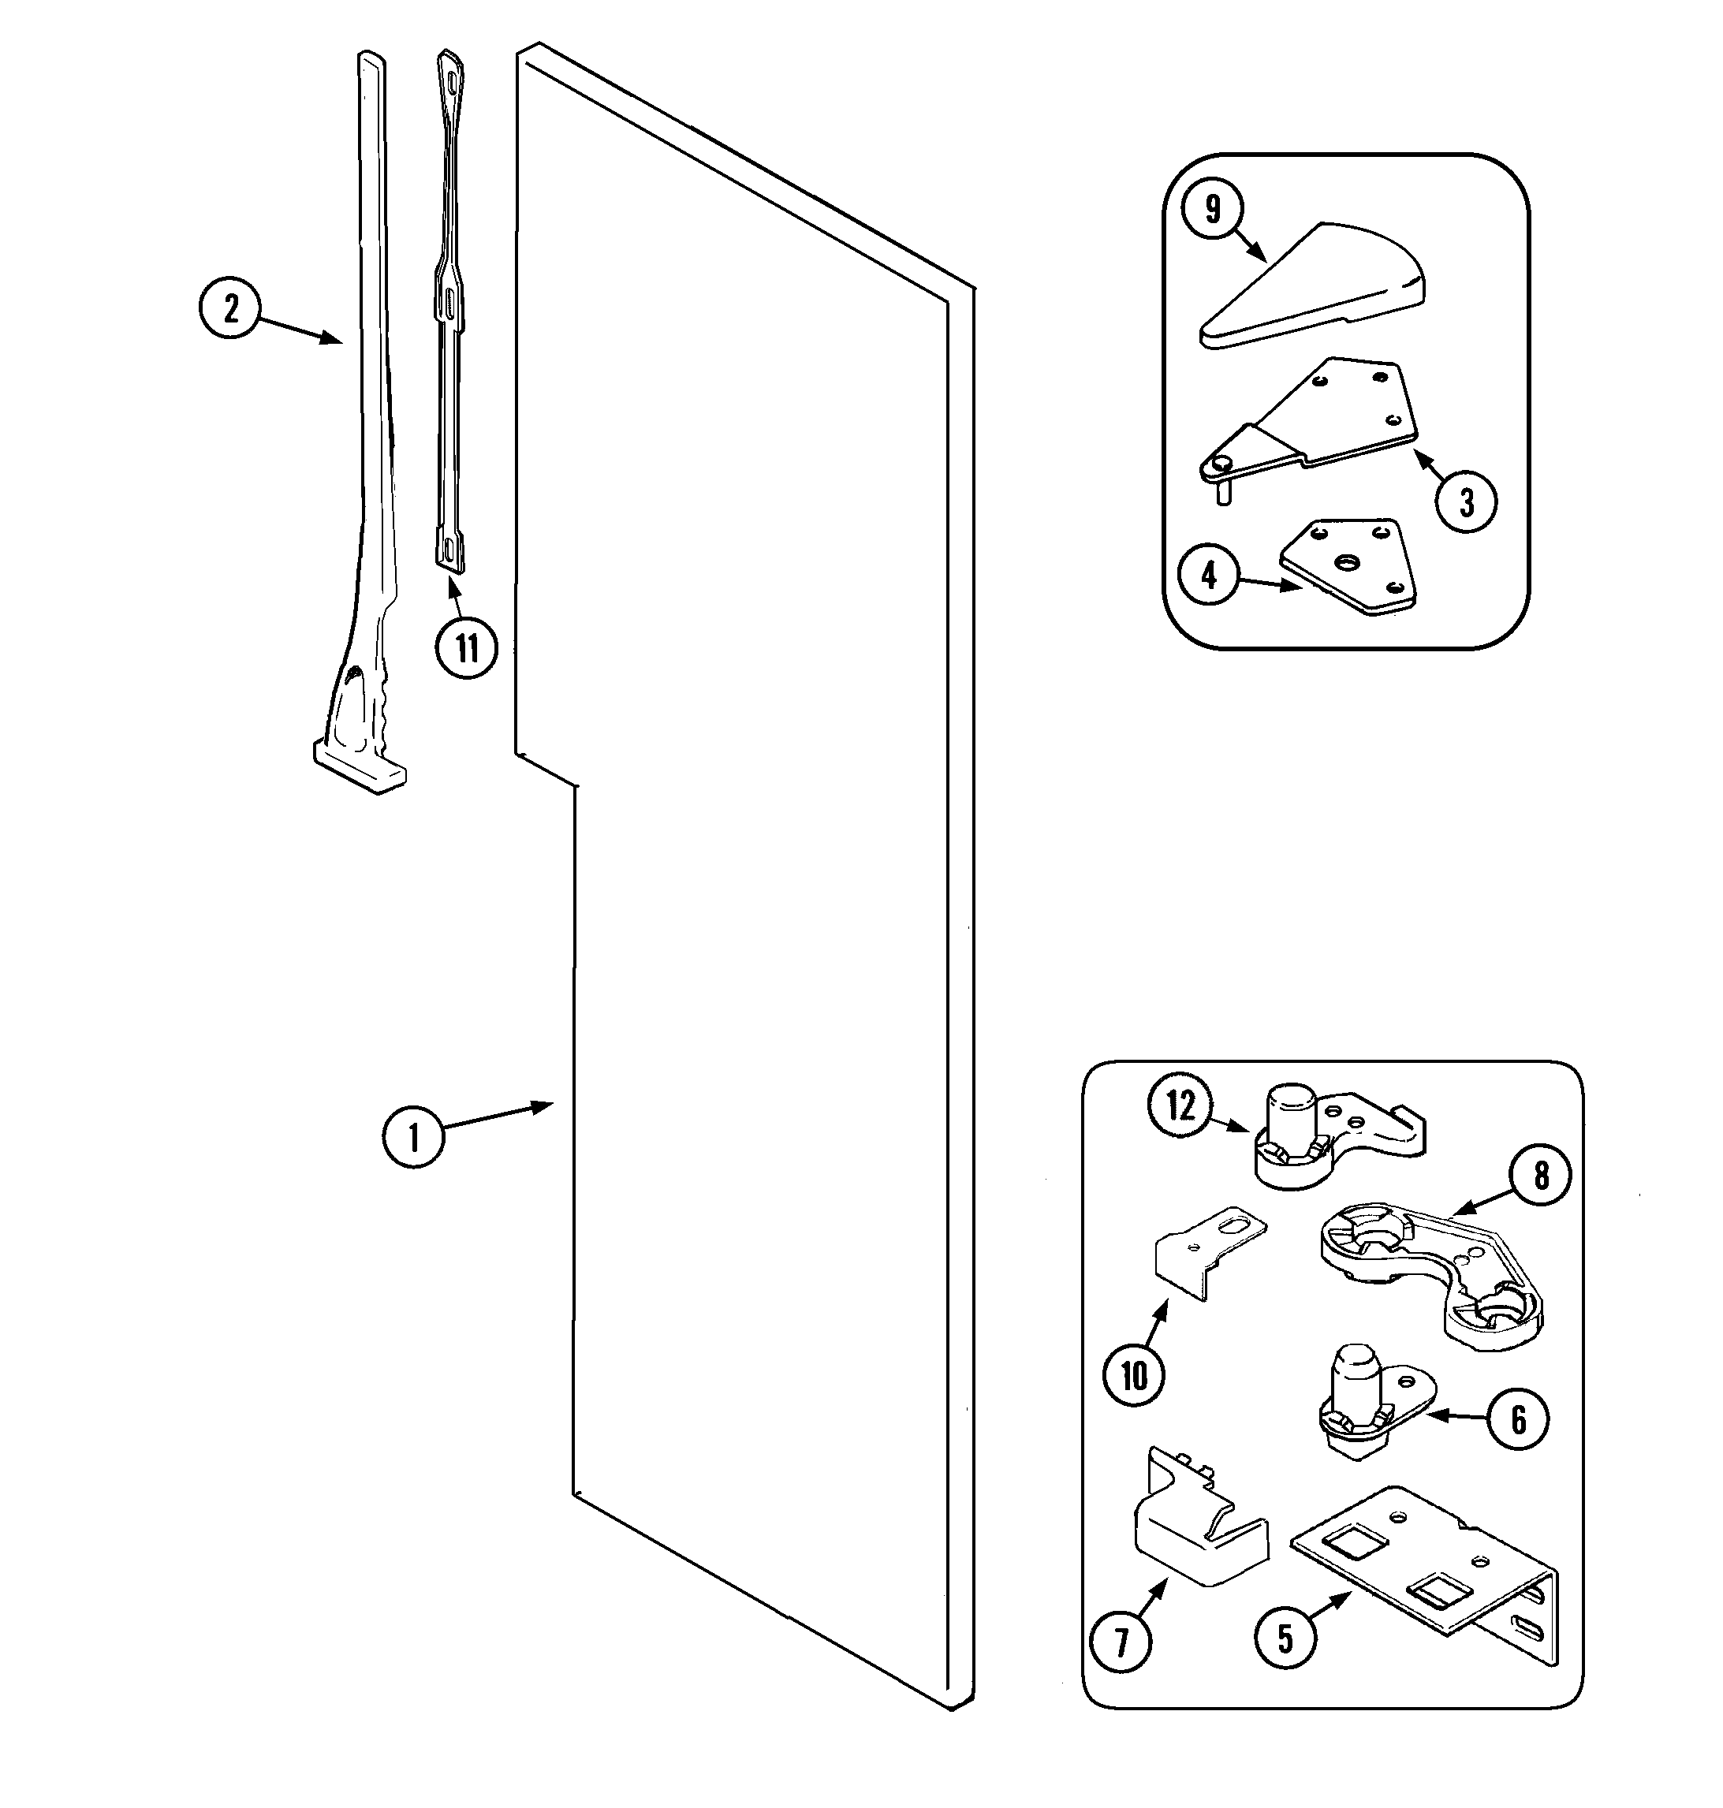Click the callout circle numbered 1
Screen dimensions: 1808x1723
tap(413, 1138)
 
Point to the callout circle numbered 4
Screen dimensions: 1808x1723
tap(1209, 576)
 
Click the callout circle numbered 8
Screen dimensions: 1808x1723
tap(1540, 1176)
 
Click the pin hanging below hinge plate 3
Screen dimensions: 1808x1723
tap(1223, 493)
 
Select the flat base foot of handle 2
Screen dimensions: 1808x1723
tap(358, 768)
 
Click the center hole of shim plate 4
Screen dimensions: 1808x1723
tap(1348, 561)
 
